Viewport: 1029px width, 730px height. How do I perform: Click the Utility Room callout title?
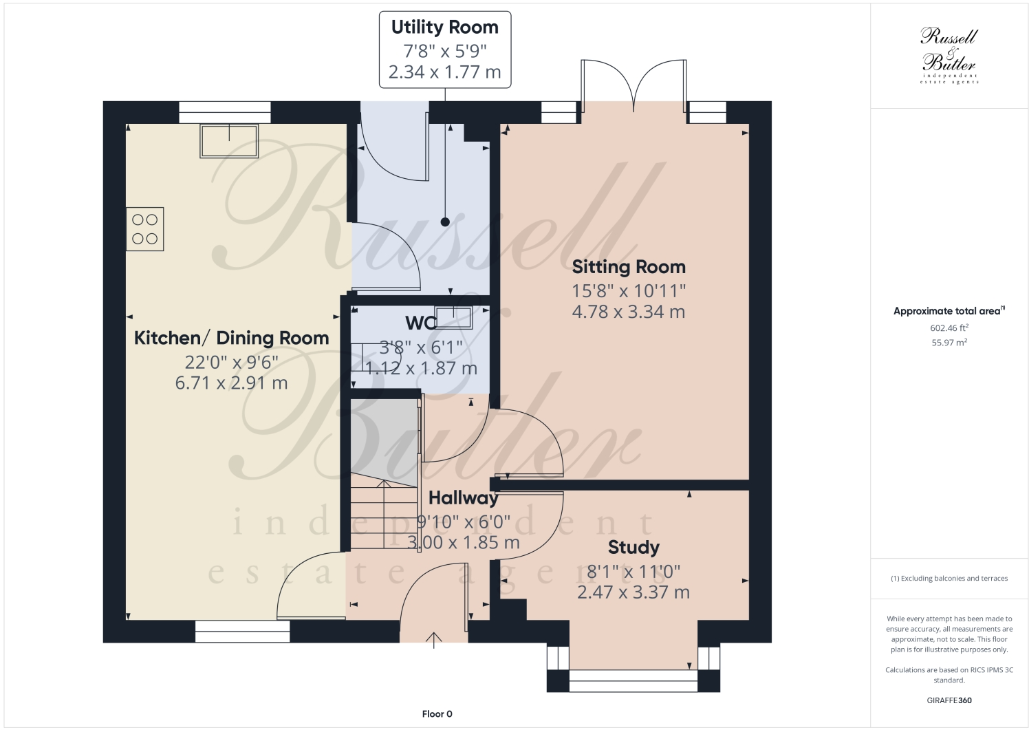tap(444, 28)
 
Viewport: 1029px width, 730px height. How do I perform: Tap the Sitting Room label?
tap(628, 267)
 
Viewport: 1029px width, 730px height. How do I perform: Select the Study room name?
tap(633, 548)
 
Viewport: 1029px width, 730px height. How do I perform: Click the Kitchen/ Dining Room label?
tap(231, 339)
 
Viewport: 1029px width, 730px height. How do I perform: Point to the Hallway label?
tap(463, 498)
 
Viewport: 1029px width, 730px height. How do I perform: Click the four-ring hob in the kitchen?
tap(145, 229)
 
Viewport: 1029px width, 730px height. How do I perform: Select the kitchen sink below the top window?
tap(229, 140)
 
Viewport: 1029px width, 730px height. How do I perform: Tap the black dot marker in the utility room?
tap(445, 222)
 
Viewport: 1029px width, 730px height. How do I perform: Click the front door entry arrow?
tap(434, 640)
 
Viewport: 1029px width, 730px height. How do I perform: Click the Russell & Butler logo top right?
tap(949, 55)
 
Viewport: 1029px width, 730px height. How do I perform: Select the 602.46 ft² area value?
tap(949, 328)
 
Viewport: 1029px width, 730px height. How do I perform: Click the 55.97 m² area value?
tap(949, 343)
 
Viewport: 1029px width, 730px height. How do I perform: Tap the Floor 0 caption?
tap(437, 714)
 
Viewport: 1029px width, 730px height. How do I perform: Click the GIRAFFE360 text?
tap(949, 701)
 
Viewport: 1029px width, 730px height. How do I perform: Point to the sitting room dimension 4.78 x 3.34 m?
tap(628, 312)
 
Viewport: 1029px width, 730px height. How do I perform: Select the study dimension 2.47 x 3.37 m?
tap(633, 592)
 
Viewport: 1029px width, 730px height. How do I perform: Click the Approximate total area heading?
tap(948, 311)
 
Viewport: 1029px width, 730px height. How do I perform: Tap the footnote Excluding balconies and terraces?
tap(949, 579)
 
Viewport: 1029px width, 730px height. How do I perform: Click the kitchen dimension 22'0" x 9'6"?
tap(231, 362)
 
